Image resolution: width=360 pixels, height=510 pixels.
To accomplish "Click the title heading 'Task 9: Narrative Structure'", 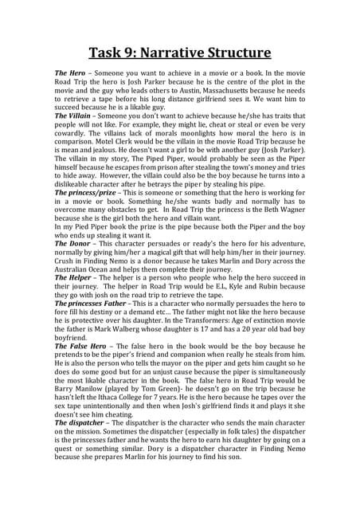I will [x=180, y=53].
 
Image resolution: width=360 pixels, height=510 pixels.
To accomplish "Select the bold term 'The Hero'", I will [x=69, y=73].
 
